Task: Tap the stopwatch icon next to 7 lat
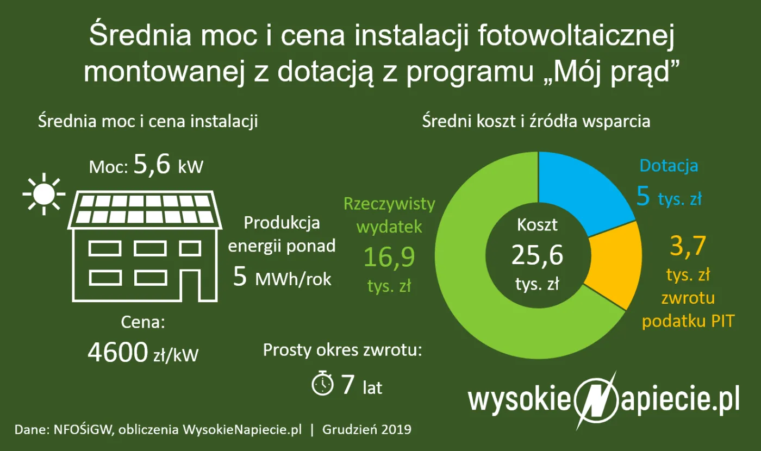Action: tap(322, 384)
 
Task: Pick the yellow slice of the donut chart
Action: tap(612, 266)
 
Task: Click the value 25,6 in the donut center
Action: tap(538, 254)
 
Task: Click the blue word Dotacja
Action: tap(669, 166)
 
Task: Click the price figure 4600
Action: tap(117, 354)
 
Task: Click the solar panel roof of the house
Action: tap(144, 209)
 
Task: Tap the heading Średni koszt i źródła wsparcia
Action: tap(536, 121)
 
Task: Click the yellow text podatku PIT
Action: tap(688, 321)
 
